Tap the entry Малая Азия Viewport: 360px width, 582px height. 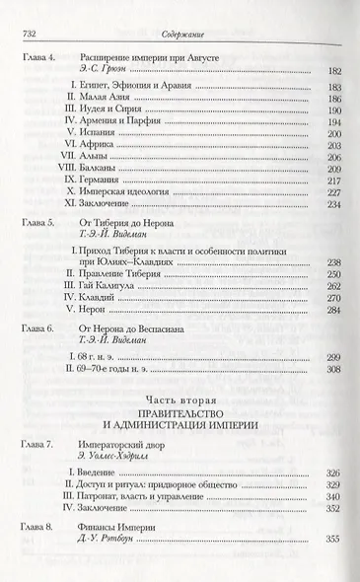tap(108, 101)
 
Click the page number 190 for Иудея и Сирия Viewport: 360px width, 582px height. tap(331, 114)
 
